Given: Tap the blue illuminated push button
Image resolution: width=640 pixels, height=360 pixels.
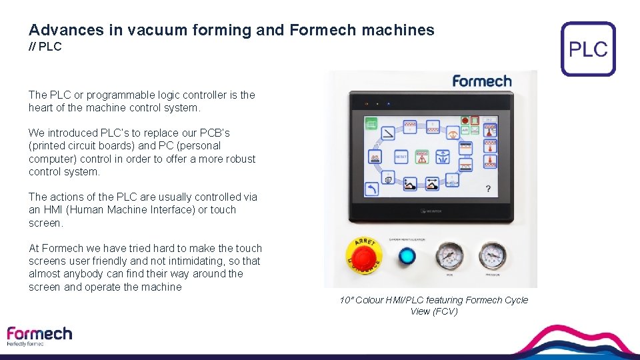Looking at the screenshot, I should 405,256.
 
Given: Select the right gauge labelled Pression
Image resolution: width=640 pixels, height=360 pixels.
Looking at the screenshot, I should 491,255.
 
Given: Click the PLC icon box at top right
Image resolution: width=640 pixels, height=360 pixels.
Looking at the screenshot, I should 588,49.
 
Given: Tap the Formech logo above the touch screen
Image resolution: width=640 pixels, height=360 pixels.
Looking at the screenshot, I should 481,81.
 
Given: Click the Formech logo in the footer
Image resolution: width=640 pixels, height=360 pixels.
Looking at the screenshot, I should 39,335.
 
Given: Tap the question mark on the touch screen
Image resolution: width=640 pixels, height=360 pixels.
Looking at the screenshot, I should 488,189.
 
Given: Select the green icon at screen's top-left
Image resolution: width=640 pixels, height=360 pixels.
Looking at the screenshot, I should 371,123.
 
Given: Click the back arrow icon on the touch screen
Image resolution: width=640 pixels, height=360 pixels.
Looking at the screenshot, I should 372,189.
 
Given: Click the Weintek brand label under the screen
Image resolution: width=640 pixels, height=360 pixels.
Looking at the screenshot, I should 431,211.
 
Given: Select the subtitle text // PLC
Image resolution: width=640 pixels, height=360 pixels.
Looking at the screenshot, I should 45,47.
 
